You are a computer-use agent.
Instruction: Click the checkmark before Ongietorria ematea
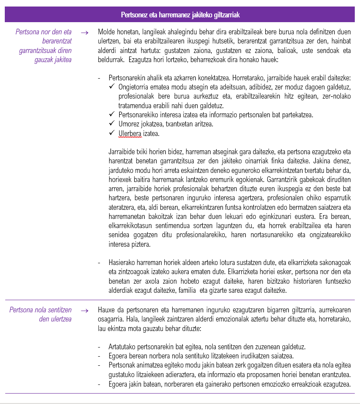pyautogui.click(x=112, y=87)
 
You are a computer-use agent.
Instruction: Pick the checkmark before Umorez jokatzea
pyautogui.click(x=112, y=124)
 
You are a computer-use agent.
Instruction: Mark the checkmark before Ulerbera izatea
pyautogui.click(x=112, y=133)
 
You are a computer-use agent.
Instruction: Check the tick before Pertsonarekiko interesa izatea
pyautogui.click(x=112, y=115)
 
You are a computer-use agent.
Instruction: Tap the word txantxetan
pyautogui.click(x=176, y=124)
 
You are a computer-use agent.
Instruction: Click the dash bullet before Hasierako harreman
pyautogui.click(x=100, y=263)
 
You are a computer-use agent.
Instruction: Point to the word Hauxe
pyautogui.click(x=107, y=310)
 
